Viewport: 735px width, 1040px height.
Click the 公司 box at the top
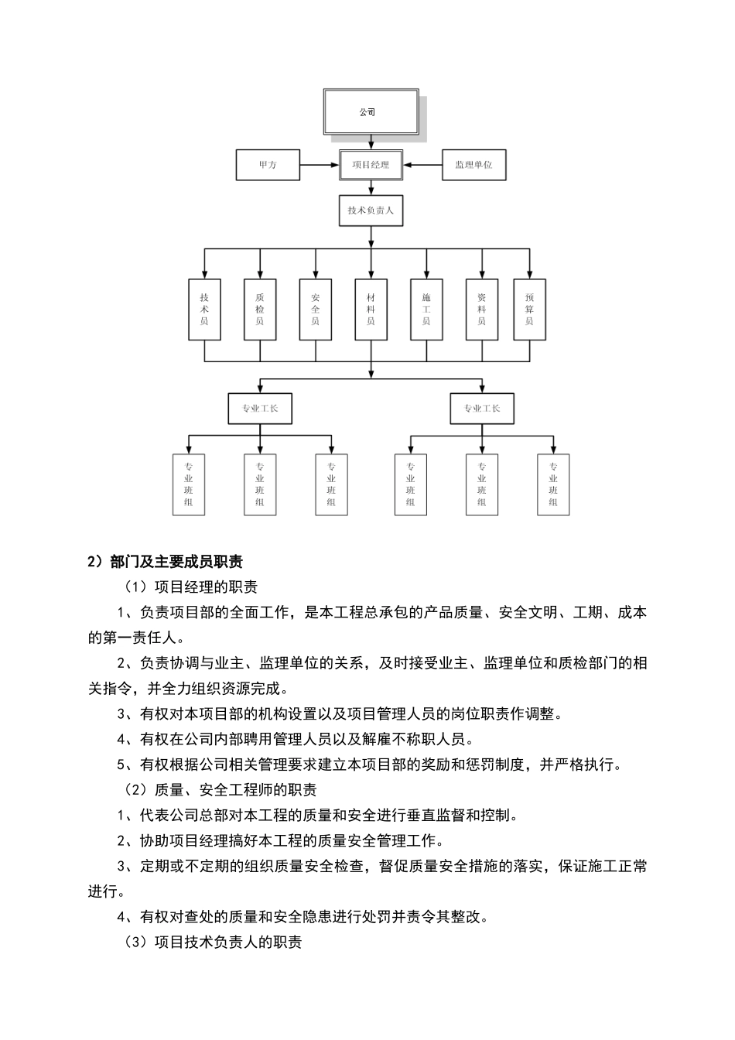(x=371, y=112)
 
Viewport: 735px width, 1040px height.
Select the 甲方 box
(x=268, y=165)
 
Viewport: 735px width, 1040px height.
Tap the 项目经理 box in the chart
(x=371, y=165)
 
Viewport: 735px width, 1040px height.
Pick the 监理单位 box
(x=473, y=165)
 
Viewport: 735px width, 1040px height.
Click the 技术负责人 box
(x=371, y=210)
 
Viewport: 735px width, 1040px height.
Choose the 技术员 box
(x=204, y=310)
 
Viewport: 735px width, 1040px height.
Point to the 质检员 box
(x=260, y=310)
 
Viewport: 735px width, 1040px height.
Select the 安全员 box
(x=316, y=310)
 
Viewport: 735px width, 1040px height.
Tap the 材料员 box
(x=371, y=310)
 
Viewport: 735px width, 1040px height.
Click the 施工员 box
(x=426, y=310)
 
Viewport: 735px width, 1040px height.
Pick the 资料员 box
(x=482, y=310)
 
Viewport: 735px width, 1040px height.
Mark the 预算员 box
(x=529, y=310)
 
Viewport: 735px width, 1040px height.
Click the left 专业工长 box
(x=260, y=409)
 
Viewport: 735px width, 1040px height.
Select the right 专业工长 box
(x=482, y=409)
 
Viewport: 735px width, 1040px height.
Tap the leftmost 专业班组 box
(x=189, y=484)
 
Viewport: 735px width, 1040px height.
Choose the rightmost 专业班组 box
(x=553, y=484)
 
